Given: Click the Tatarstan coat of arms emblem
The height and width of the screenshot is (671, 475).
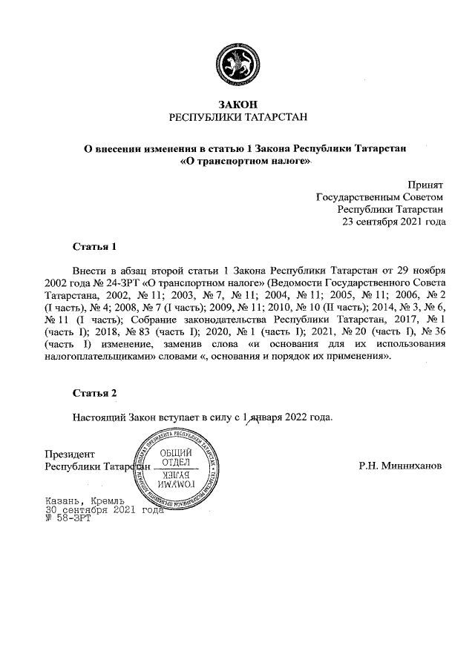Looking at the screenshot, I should [x=237, y=65].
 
